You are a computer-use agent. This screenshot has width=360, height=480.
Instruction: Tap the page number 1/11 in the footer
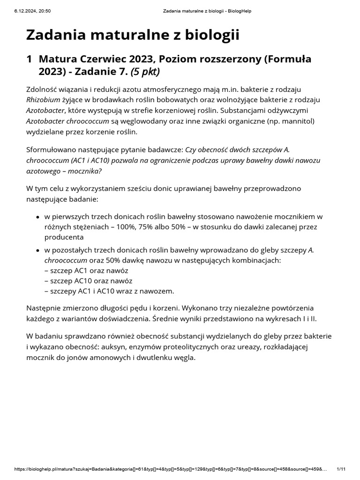pyautogui.click(x=341, y=469)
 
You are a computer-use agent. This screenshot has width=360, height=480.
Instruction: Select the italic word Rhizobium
pyautogui.click(x=42, y=99)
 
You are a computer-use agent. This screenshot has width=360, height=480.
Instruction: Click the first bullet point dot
pyautogui.click(x=37, y=217)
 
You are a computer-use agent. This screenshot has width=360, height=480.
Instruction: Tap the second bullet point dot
pyautogui.click(x=37, y=250)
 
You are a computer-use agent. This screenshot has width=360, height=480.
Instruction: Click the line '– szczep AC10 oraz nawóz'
pyautogui.click(x=88, y=281)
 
